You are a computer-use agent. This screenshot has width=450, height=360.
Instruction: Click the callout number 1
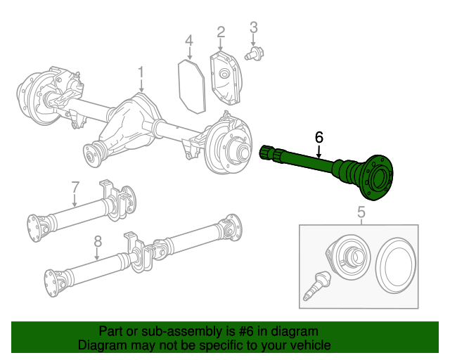141,72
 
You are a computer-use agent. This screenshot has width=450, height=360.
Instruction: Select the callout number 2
221,32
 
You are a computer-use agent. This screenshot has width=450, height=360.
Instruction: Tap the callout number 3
254,27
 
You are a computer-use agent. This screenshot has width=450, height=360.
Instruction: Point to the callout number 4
189,41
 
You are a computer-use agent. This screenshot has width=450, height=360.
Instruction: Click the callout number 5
361,212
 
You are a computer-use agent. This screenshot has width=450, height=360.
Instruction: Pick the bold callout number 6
319,136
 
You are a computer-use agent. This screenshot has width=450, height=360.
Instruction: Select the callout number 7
75,187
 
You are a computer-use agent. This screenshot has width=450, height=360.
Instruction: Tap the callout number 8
97,241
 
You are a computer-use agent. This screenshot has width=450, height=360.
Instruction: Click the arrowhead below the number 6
319,153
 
